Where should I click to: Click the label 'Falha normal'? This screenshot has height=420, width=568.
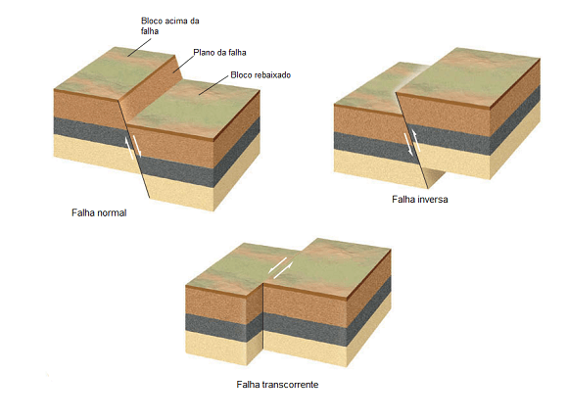click(99, 212)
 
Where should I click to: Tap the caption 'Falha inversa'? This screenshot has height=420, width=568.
click(420, 199)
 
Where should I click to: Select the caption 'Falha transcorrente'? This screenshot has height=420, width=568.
click(277, 384)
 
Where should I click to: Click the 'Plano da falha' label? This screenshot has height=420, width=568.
click(219, 53)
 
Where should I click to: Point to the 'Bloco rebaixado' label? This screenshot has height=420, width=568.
click(260, 75)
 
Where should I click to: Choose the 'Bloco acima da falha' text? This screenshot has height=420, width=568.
click(169, 25)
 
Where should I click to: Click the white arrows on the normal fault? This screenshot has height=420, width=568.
click(133, 148)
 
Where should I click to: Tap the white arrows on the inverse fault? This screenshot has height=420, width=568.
click(412, 143)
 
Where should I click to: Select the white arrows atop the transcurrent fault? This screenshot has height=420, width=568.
click(280, 268)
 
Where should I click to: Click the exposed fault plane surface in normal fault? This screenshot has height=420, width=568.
click(152, 87)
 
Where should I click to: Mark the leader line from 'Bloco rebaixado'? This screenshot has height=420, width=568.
click(213, 86)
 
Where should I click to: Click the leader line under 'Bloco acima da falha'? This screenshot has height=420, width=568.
click(139, 48)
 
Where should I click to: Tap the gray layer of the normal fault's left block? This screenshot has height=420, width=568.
click(90, 131)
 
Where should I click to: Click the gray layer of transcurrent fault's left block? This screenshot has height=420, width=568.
click(223, 328)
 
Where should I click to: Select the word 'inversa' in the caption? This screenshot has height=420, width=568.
click(433, 199)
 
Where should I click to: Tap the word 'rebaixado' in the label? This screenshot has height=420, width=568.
click(273, 75)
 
